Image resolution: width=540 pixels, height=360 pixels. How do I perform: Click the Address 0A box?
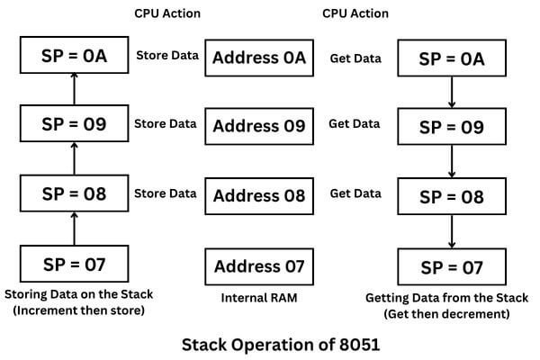259,60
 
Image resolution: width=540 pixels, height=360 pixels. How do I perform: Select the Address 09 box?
259,127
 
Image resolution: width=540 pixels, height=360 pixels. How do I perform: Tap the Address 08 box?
259,195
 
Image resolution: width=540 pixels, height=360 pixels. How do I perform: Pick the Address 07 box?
259,266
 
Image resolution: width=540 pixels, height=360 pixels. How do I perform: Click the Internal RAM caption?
259,298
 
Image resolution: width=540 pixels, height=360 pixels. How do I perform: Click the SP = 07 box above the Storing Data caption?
75,265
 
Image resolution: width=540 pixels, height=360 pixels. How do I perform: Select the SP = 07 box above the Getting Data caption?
453,268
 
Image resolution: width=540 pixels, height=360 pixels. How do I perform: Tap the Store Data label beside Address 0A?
166,55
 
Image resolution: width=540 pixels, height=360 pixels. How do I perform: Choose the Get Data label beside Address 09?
354,123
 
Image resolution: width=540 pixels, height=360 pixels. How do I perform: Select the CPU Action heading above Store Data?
167,13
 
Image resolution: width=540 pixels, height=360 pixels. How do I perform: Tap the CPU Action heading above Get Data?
355,13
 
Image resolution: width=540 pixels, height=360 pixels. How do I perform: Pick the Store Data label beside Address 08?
166,193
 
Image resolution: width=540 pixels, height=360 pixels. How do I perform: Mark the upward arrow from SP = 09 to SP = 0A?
75,90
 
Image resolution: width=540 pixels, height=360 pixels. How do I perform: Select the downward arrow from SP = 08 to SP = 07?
453,231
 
